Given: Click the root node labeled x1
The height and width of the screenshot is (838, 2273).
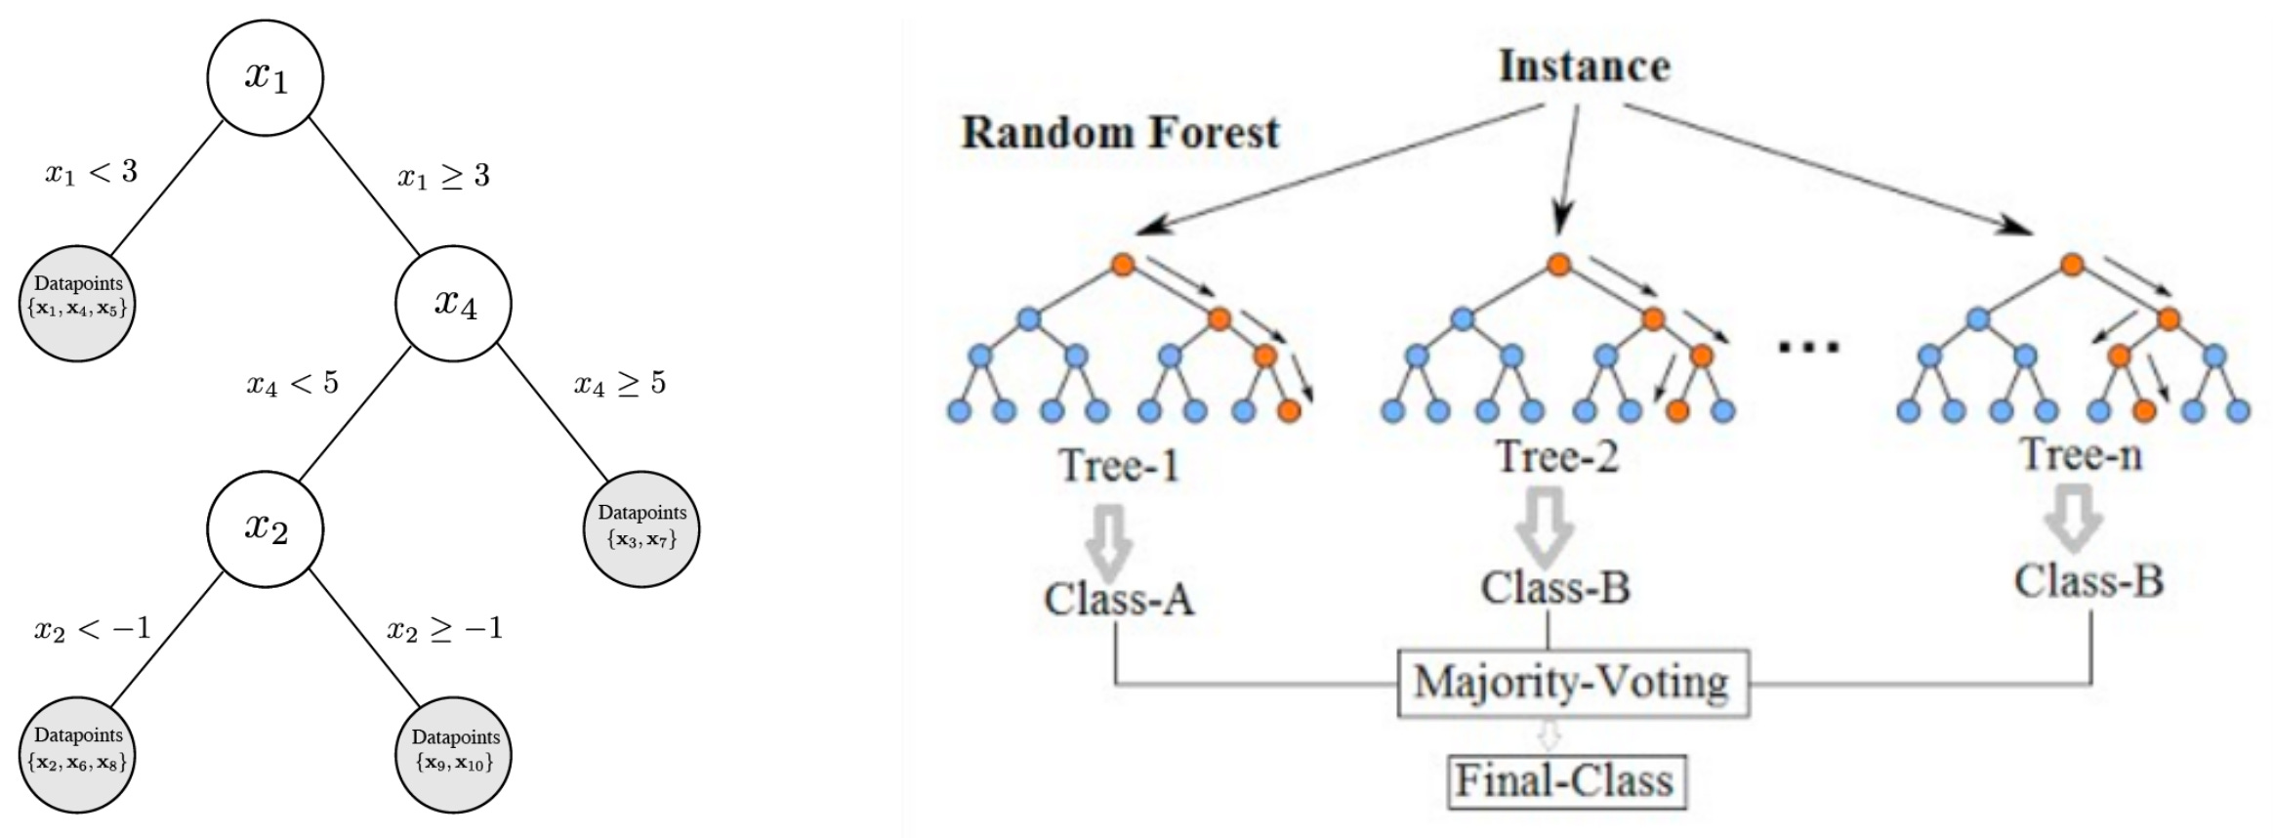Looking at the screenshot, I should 265,77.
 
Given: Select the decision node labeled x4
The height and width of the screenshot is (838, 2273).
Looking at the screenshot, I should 454,303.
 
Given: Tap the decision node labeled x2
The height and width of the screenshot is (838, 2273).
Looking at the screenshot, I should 265,528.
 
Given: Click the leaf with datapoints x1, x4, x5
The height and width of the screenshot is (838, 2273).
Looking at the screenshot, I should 77,303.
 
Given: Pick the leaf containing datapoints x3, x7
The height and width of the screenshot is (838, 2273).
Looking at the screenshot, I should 641,528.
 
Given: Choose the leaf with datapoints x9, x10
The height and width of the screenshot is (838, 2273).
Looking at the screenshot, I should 454,754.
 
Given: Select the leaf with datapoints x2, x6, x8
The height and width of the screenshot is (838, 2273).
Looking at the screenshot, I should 77,754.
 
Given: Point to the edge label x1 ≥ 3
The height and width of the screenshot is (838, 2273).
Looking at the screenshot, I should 443,176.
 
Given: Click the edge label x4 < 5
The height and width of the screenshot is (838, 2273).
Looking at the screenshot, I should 292,383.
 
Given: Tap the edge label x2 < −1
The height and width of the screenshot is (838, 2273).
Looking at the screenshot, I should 93,628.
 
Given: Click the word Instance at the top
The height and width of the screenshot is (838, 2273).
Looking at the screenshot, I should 1584,66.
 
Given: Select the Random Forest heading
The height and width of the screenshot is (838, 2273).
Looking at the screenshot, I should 1120,133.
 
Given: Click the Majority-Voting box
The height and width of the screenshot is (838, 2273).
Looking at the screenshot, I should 1572,683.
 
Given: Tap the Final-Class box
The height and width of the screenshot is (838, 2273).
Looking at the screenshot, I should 1565,780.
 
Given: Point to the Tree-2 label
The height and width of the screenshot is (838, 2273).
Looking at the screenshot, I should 1557,456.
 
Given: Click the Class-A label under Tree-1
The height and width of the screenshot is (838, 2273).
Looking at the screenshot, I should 1119,599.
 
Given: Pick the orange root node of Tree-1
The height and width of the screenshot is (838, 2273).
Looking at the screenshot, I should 1123,264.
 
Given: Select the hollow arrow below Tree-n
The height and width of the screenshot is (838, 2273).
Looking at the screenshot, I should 2074,518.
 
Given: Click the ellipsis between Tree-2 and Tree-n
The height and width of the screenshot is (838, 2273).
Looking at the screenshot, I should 1808,346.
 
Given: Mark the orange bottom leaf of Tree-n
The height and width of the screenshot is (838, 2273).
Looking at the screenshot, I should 2144,411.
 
